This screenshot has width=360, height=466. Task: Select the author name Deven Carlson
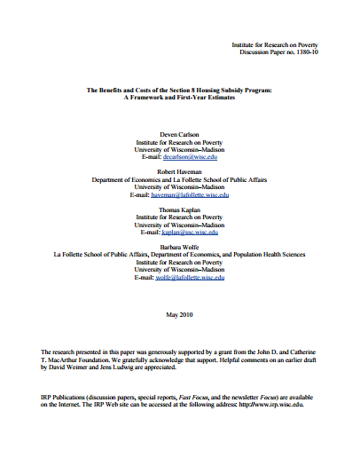(180, 134)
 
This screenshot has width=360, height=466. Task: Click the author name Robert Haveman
(180, 171)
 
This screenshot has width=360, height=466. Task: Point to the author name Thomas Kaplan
(180, 209)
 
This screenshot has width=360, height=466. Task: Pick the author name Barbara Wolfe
(180, 247)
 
